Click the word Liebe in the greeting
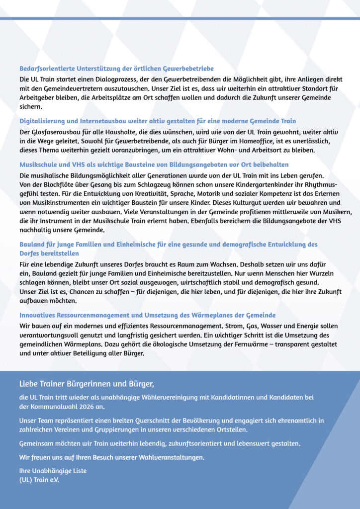point(29,384)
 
